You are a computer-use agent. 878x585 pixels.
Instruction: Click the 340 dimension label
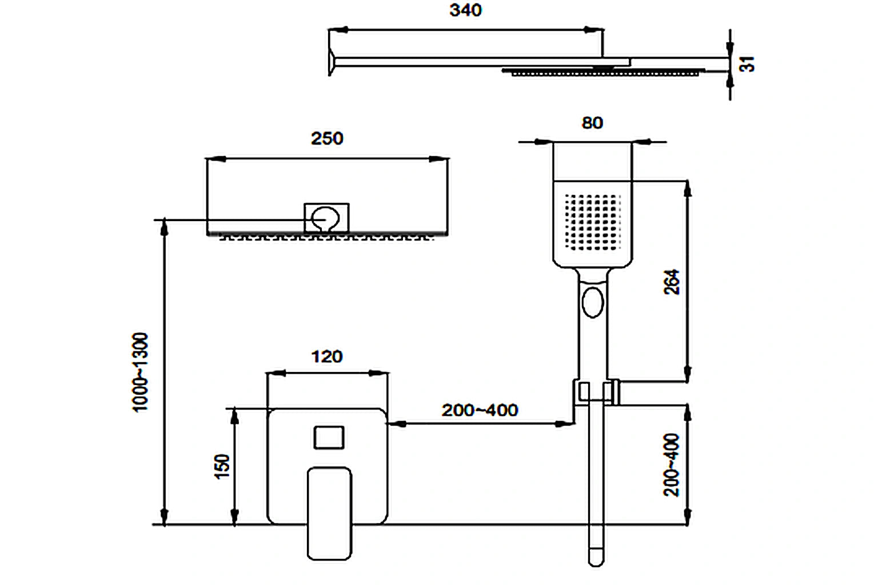pos(465,10)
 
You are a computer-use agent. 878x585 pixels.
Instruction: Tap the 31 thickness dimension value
pos(747,64)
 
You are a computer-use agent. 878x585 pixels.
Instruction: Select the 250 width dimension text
pos(327,138)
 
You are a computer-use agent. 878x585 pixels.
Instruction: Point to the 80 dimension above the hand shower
pos(592,123)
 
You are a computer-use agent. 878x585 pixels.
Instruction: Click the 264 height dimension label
pos(672,282)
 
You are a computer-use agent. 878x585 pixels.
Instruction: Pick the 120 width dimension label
pos(327,356)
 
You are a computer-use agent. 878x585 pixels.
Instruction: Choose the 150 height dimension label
pos(222,466)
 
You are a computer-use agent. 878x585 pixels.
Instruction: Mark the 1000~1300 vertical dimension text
pos(141,372)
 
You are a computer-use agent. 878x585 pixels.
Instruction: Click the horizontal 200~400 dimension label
pos(480,410)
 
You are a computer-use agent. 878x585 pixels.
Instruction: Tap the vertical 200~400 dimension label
pos(672,464)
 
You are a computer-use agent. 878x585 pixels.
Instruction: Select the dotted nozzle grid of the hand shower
pos(593,222)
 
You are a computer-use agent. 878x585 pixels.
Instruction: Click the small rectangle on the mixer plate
pos(329,438)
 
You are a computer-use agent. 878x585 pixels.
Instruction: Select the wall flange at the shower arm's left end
pos(332,62)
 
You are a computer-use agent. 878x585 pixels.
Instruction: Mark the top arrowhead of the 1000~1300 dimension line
pos(165,226)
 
